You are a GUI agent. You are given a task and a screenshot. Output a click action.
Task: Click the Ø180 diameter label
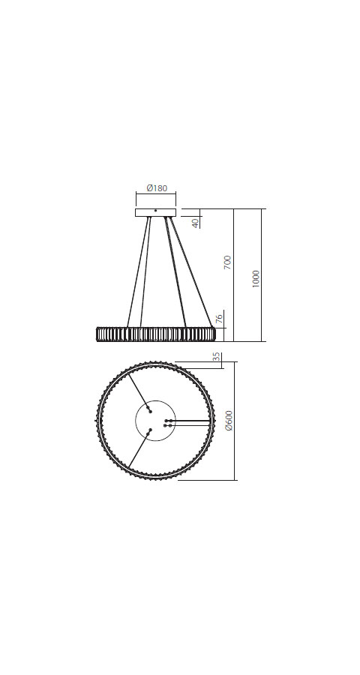pos(157,187)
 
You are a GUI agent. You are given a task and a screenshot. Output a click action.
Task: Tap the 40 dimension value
pos(196,223)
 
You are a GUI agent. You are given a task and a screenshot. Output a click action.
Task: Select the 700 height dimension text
pos(228,263)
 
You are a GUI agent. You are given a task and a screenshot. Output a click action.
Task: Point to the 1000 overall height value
pos(256,280)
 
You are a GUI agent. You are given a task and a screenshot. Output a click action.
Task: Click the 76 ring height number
pos(220,319)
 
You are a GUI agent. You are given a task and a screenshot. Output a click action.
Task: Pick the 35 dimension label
pos(217,358)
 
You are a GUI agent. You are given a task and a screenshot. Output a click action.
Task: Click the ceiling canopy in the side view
pos(155,212)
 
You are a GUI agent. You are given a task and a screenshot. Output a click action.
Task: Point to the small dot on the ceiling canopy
pos(155,210)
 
